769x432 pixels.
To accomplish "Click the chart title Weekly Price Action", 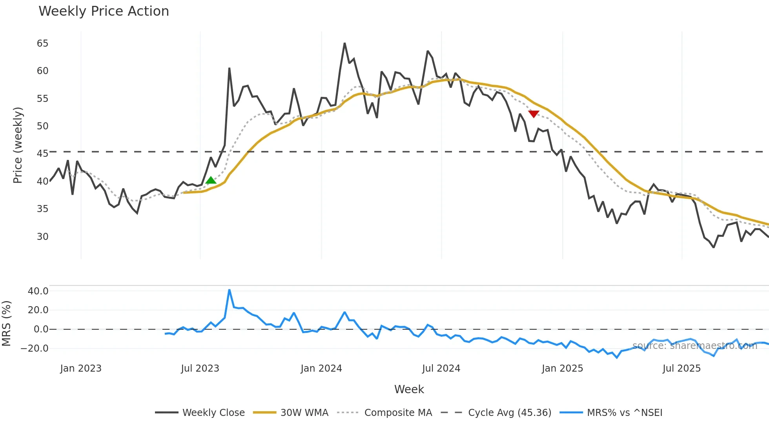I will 104,11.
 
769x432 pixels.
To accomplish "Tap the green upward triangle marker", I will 211,180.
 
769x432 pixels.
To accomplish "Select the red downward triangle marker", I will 534,114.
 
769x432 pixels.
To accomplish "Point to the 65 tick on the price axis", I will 42,44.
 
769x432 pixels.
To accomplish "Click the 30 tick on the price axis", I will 42,237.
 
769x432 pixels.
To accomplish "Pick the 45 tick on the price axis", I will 42,154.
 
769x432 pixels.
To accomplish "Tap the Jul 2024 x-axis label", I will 441,368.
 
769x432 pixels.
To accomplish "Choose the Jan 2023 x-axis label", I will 81,368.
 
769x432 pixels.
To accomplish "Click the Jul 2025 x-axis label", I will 682,368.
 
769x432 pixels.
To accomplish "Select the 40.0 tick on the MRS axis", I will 38,291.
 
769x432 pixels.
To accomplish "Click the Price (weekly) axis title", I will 18,145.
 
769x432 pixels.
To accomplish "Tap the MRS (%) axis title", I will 6,323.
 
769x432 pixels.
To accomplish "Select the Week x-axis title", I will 409,389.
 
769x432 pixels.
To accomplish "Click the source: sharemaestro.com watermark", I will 694,346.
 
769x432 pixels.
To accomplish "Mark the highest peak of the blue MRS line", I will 229,290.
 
